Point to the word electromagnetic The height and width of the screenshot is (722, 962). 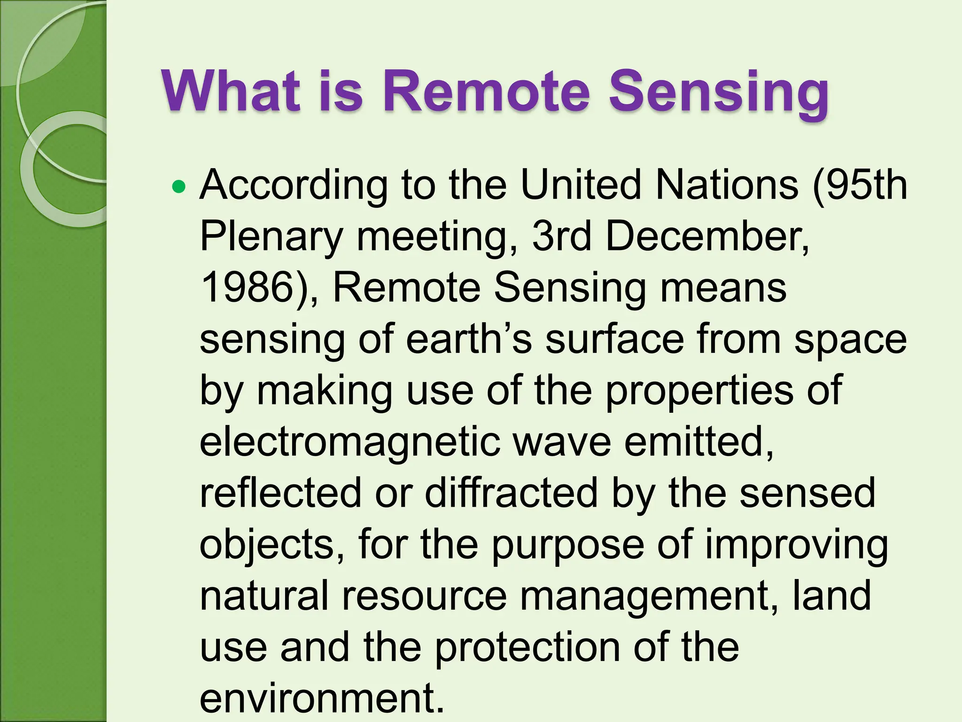(350, 443)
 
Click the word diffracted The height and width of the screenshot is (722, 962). (512, 493)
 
